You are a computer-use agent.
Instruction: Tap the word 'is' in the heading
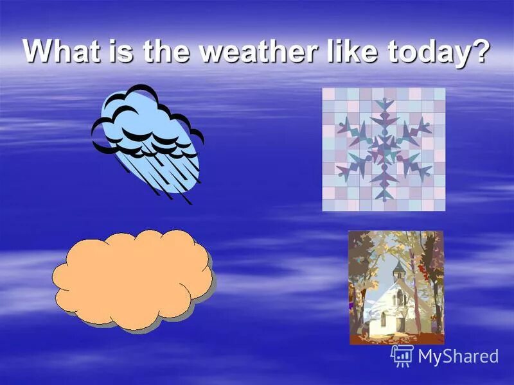click(x=119, y=51)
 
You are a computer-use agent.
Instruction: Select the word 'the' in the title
click(x=164, y=51)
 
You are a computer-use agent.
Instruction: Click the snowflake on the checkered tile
click(x=384, y=150)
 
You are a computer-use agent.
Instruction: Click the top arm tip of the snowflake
click(x=384, y=101)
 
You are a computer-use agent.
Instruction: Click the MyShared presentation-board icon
click(x=402, y=355)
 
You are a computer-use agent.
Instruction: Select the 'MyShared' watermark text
click(x=458, y=357)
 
